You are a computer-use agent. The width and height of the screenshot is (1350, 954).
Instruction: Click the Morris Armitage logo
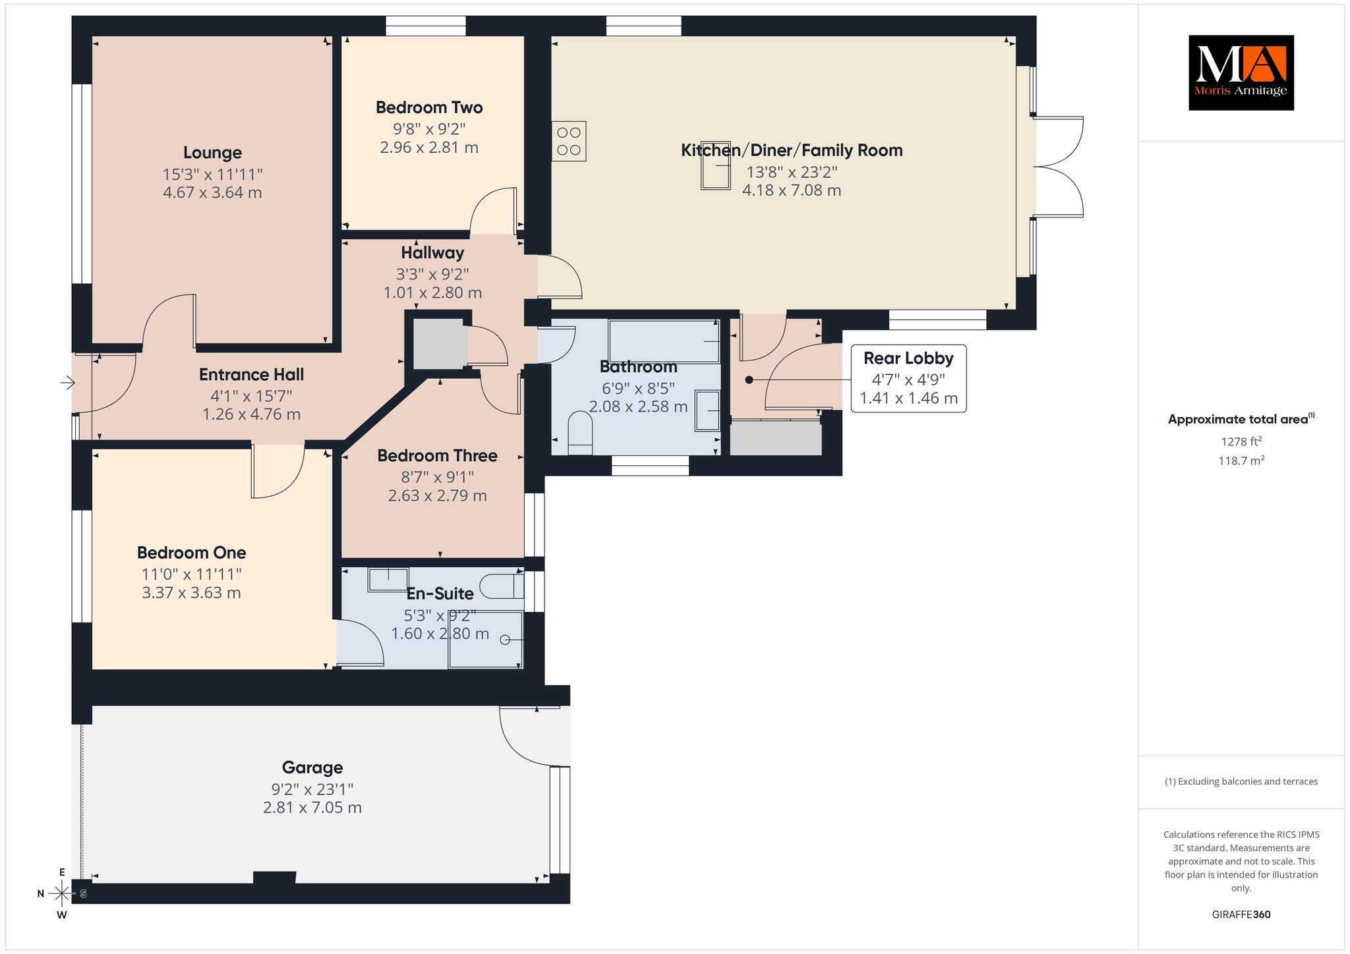tap(1241, 72)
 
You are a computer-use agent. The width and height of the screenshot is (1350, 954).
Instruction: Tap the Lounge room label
tap(212, 153)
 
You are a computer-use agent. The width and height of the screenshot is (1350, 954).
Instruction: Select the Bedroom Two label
tap(429, 107)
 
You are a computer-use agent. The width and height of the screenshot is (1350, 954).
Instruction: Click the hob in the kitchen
tap(569, 141)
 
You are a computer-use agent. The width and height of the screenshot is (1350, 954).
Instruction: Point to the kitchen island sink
tap(716, 165)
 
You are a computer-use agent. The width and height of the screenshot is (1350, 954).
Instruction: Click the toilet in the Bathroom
tap(580, 434)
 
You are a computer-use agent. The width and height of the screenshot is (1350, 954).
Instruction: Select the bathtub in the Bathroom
tap(664, 341)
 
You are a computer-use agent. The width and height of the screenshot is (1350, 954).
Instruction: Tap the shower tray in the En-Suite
tap(486, 640)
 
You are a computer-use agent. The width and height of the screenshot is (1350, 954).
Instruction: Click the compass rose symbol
tap(62, 893)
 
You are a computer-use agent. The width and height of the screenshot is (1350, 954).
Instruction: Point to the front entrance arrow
tap(68, 382)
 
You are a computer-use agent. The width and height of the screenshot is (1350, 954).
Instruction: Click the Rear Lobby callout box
tap(908, 378)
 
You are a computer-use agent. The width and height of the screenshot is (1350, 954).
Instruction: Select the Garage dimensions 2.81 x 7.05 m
tap(312, 808)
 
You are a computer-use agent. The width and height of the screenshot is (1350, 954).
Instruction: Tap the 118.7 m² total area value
tap(1241, 461)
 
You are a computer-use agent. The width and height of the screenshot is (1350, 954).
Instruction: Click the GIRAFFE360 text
tap(1241, 914)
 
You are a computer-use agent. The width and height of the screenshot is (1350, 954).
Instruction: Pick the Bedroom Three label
tap(437, 456)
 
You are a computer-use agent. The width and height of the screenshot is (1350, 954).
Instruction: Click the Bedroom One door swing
tap(278, 472)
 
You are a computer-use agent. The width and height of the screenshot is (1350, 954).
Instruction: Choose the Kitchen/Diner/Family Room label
tap(792, 150)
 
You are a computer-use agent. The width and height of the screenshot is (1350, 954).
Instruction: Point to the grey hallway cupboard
tap(440, 344)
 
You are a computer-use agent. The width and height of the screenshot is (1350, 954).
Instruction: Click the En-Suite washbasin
tap(388, 579)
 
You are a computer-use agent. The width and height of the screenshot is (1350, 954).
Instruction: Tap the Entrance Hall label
tap(251, 375)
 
